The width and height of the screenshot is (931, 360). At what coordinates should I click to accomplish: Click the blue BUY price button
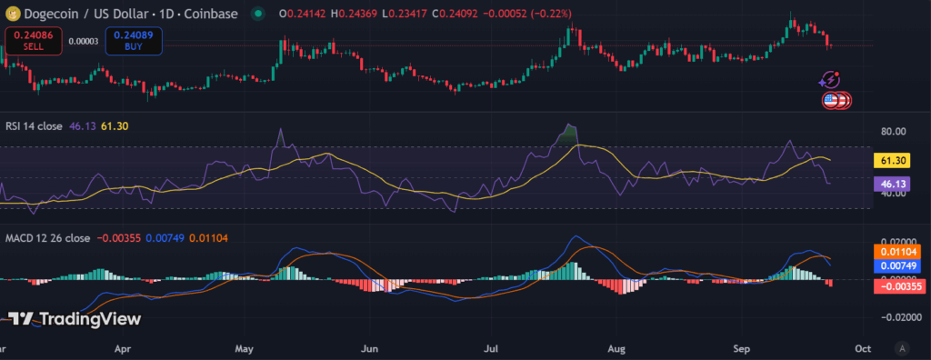133,40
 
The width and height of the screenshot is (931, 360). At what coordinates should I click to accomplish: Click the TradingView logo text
75,318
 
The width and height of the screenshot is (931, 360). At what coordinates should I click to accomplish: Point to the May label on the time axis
244,346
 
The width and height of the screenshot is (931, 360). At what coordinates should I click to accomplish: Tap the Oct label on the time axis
865,346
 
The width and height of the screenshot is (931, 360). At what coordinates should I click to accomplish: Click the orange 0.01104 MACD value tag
893,250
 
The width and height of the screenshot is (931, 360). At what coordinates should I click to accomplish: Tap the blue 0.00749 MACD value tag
893,265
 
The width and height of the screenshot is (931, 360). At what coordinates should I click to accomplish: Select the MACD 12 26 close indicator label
45,238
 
